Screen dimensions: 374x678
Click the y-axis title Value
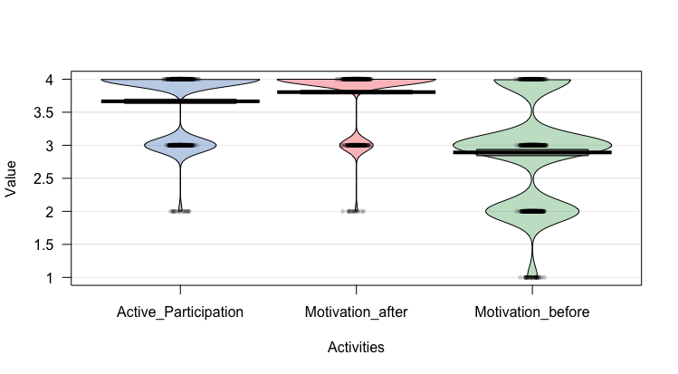(x=12, y=178)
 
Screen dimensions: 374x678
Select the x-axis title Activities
(x=356, y=347)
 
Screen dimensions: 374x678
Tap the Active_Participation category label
(x=180, y=312)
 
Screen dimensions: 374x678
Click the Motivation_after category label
(x=356, y=312)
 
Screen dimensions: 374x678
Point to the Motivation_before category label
(x=532, y=312)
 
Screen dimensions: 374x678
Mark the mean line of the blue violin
(x=180, y=101)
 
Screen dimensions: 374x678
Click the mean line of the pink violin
(x=356, y=92)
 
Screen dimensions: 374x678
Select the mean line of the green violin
(x=532, y=152)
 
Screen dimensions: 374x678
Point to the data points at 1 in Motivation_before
(x=532, y=277)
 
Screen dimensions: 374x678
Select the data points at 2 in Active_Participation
(x=180, y=211)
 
